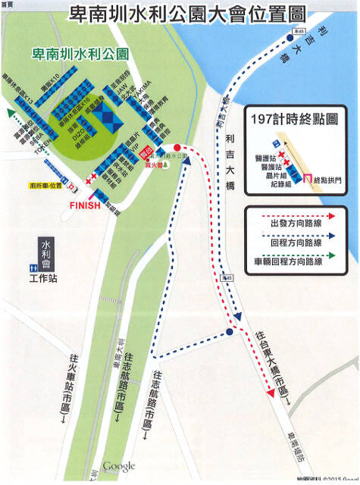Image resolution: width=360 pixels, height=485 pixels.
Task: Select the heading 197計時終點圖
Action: point(297,120)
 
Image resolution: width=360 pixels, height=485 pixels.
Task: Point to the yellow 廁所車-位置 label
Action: point(46,184)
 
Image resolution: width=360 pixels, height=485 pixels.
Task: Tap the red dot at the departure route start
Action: point(177,147)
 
